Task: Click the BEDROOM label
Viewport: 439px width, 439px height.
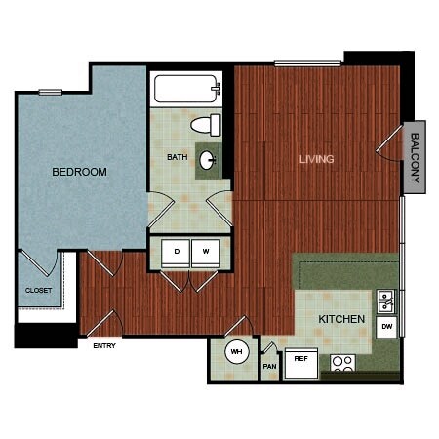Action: coord(79,172)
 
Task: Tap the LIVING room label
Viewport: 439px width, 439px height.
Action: coord(316,159)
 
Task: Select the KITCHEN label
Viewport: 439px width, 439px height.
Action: coord(341,319)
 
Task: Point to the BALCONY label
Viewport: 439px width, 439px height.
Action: coord(415,158)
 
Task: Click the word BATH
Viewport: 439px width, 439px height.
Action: coord(178,157)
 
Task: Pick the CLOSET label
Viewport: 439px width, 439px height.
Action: coord(38,290)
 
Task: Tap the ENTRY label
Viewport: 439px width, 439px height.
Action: coord(104,346)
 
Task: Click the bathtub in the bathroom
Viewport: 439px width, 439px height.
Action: coord(186,89)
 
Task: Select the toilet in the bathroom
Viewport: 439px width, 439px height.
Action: coord(206,125)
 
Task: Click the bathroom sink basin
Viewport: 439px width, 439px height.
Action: coord(208,160)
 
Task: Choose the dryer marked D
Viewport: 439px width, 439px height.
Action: coord(176,253)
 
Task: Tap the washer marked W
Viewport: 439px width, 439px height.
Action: coord(206,253)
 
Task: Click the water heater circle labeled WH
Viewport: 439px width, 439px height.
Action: coord(237,351)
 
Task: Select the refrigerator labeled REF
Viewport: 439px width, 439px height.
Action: coord(301,363)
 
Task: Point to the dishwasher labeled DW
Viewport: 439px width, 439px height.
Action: coord(386,327)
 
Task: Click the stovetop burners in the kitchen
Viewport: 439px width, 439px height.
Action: coord(342,363)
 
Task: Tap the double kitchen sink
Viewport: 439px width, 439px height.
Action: coord(386,301)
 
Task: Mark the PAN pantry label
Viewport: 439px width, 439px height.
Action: coord(269,367)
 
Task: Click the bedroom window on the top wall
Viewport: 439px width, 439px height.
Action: coord(51,93)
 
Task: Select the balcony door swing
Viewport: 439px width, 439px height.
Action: coord(389,143)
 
